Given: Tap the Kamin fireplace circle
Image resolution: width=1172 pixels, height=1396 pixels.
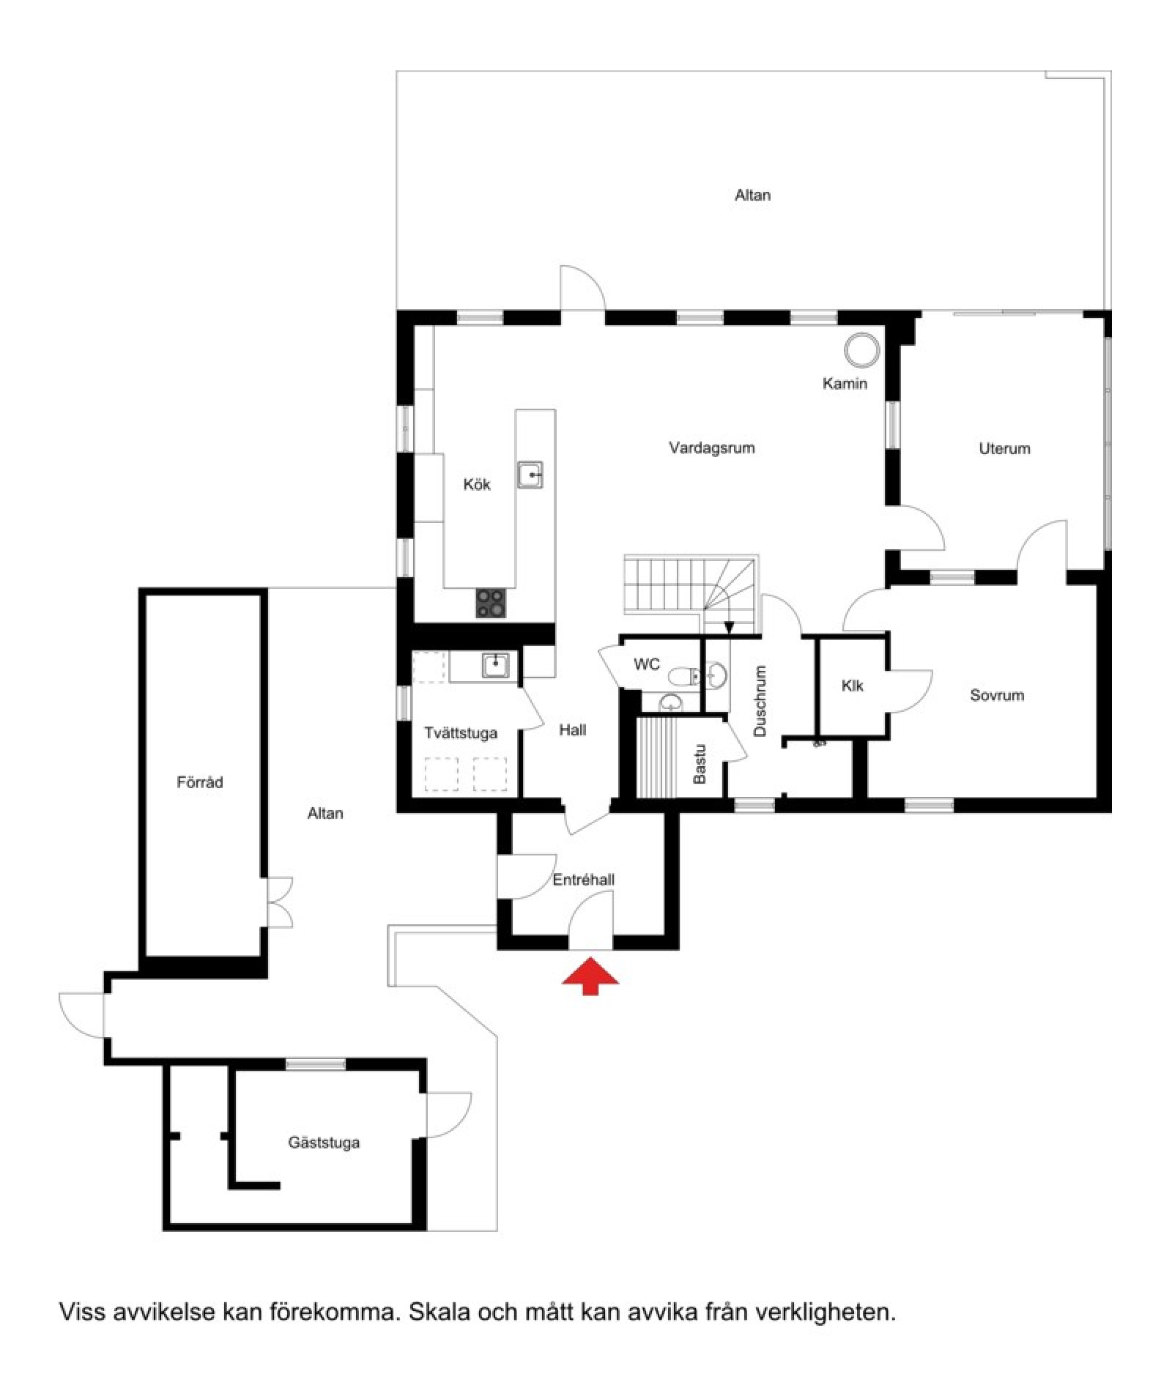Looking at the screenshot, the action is pyautogui.click(x=861, y=350).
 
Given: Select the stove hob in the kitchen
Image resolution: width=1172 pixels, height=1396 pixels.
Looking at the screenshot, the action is pyautogui.click(x=490, y=604).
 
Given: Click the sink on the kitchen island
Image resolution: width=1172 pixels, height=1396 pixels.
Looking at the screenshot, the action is pyautogui.click(x=530, y=475).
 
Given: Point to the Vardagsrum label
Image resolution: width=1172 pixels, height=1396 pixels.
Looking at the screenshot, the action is pyautogui.click(x=711, y=448).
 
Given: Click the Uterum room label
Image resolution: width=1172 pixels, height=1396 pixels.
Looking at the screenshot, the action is pyautogui.click(x=1004, y=448).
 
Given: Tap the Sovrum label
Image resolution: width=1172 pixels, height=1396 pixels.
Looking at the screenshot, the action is pyautogui.click(x=997, y=695).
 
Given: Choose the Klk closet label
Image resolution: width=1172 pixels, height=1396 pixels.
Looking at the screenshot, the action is pyautogui.click(x=852, y=686).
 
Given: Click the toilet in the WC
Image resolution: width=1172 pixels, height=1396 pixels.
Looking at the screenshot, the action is pyautogui.click(x=685, y=675).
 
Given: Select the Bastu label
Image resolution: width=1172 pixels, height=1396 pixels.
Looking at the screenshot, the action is pyautogui.click(x=700, y=764).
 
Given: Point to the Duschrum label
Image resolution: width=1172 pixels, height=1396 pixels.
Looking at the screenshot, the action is pyautogui.click(x=760, y=701).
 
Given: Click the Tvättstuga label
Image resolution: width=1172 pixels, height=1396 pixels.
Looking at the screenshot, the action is pyautogui.click(x=461, y=732).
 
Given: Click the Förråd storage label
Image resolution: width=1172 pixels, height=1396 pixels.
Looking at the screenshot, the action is pyautogui.click(x=199, y=782).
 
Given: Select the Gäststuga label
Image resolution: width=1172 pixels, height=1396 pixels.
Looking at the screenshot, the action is pyautogui.click(x=324, y=1142).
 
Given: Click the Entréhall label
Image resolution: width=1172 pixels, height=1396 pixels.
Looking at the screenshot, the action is pyautogui.click(x=583, y=880).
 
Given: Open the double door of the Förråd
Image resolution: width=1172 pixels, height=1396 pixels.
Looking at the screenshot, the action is pyautogui.click(x=278, y=901).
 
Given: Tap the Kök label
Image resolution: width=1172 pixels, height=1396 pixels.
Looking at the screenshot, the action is pyautogui.click(x=477, y=484).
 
